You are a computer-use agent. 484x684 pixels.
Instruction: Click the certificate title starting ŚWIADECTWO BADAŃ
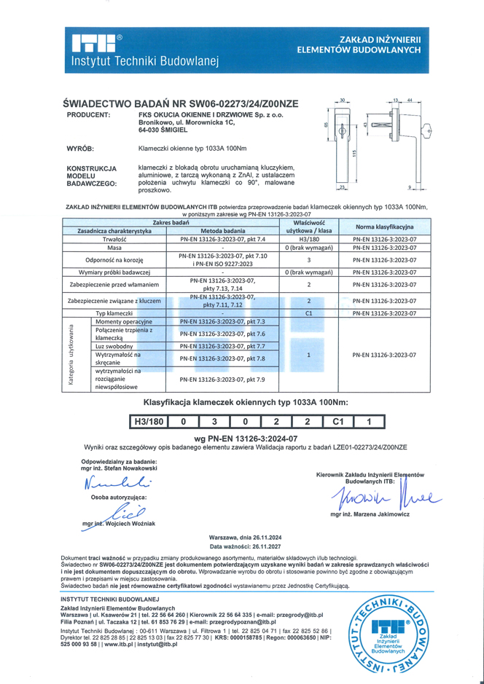[181, 103]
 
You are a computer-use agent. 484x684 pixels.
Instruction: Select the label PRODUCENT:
[88, 115]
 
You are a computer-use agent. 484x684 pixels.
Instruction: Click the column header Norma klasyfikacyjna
[383, 226]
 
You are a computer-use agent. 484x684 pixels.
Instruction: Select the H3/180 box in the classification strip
[149, 421]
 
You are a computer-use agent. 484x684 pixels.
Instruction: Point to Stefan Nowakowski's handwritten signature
[117, 482]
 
